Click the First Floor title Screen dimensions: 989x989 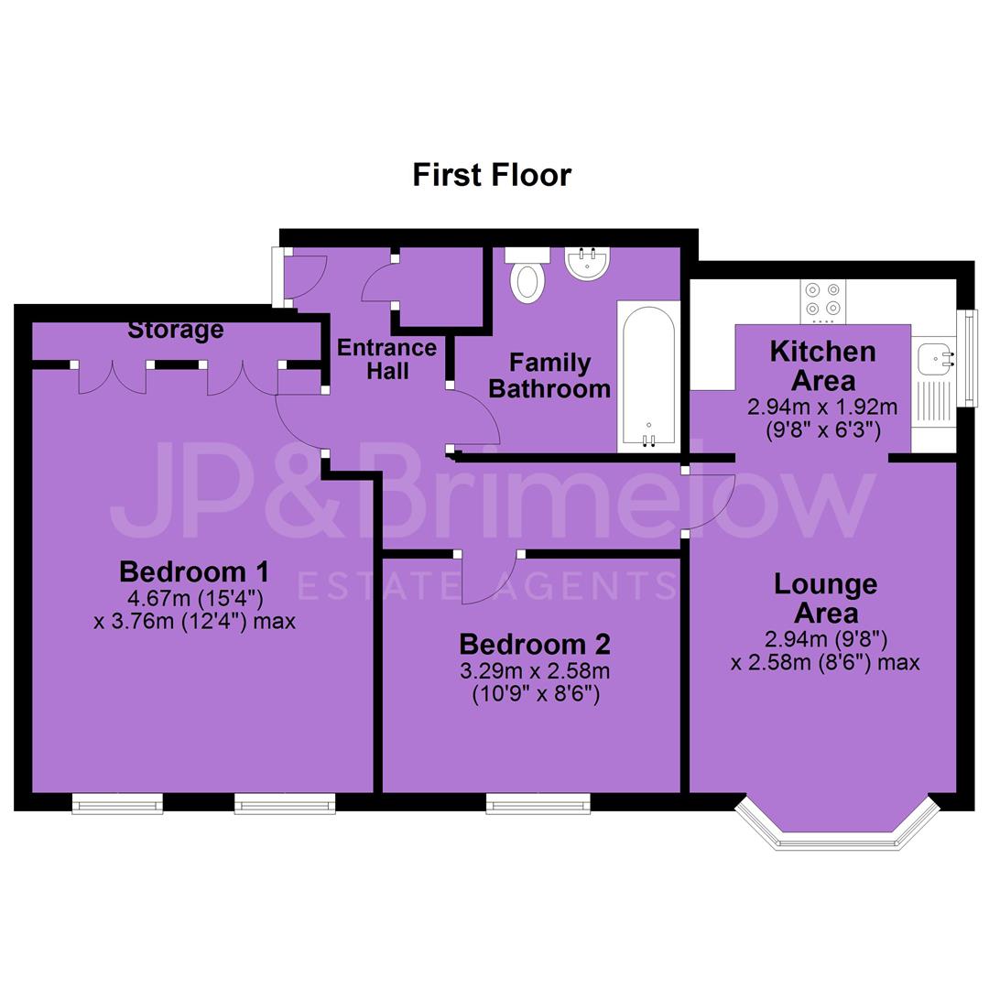(492, 175)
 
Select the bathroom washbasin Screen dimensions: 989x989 (587, 263)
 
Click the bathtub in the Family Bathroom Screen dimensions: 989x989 (648, 376)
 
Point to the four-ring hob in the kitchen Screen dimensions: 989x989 (823, 301)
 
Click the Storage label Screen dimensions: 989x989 (175, 330)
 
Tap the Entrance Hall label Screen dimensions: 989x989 (387, 359)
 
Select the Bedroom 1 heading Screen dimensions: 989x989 (193, 571)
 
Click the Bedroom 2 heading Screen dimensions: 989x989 (535, 644)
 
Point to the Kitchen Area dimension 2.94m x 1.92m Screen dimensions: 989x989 (822, 407)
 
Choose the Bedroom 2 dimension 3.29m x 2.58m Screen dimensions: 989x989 (535, 670)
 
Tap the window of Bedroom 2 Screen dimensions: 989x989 (538, 804)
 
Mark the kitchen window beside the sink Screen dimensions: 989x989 (966, 358)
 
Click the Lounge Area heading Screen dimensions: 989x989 (826, 598)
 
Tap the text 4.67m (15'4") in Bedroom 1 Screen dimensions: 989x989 (196, 597)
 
